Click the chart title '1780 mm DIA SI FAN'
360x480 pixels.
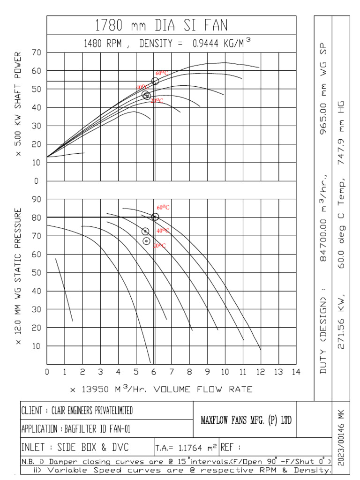(161, 25)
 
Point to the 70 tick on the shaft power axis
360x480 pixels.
(37, 53)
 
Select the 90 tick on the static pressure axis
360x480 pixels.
(37, 200)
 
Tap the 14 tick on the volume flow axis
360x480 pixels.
(295, 372)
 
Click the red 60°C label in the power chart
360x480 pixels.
(162, 74)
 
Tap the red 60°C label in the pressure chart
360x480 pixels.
(163, 207)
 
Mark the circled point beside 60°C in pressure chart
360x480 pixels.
(155, 217)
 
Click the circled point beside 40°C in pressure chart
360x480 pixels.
(145, 232)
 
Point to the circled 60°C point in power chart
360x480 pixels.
(155, 81)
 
